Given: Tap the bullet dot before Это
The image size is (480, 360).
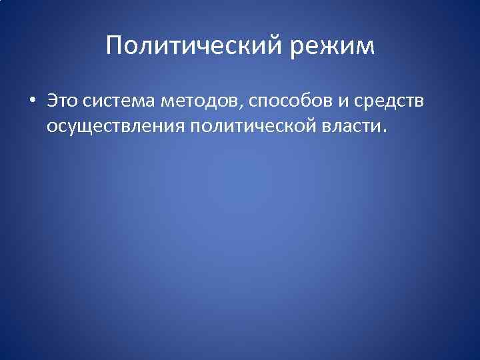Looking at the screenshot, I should [x=32, y=102].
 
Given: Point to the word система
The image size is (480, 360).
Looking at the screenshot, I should [x=119, y=102].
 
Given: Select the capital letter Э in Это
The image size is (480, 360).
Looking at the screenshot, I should [x=52, y=101].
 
